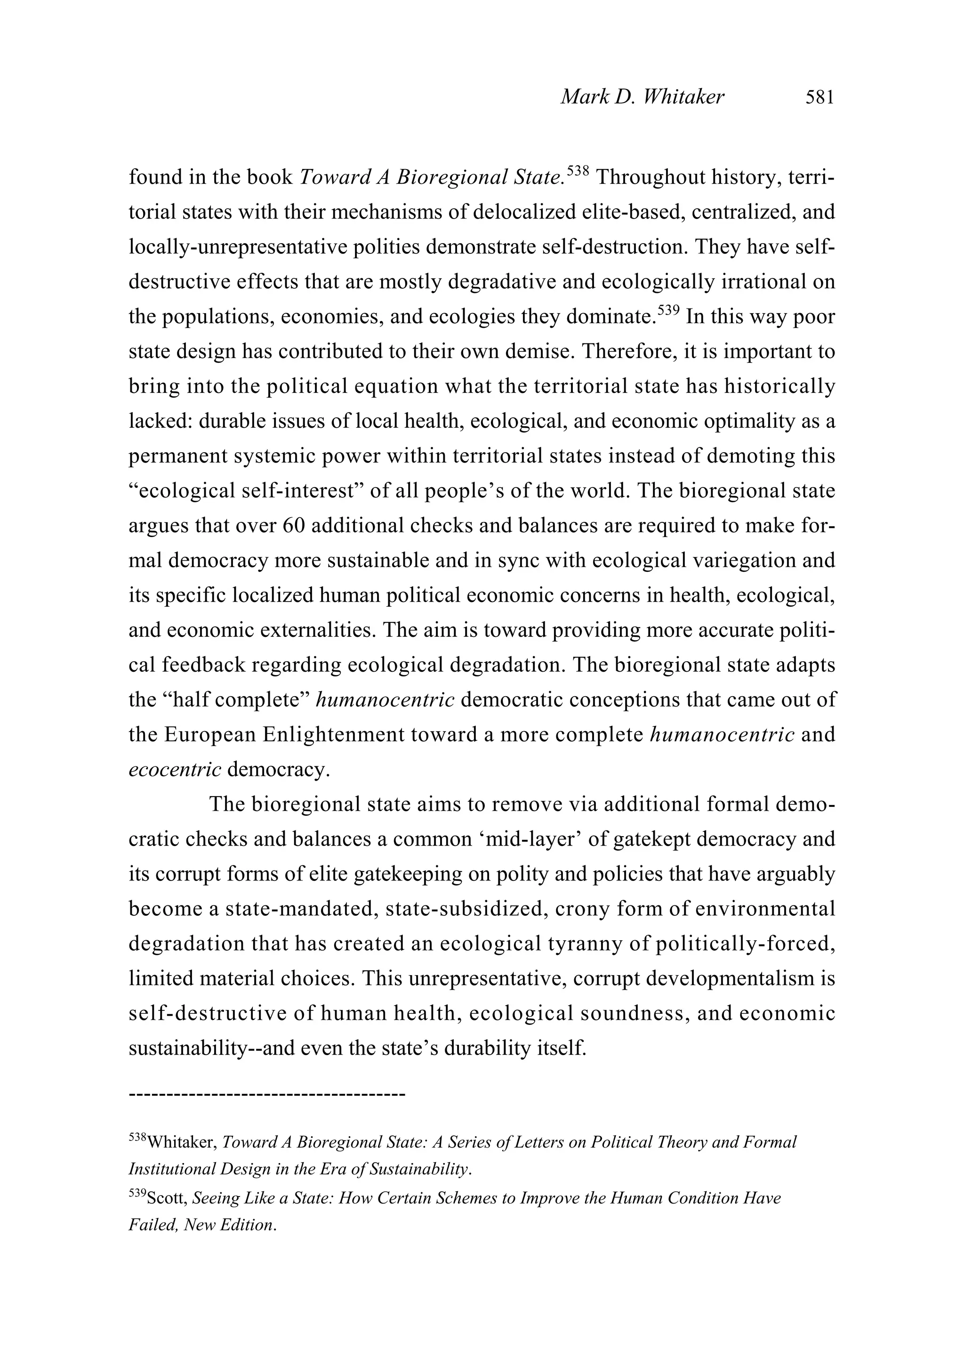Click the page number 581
[820, 97]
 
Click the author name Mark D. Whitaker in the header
[642, 97]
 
